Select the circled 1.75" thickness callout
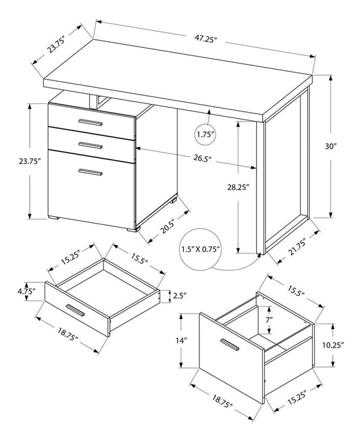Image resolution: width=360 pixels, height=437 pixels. tap(205, 134)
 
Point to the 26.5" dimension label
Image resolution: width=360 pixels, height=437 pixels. tap(200, 159)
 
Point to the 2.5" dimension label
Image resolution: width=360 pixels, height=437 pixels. tap(179, 294)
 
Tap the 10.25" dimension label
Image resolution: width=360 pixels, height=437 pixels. tap(333, 344)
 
